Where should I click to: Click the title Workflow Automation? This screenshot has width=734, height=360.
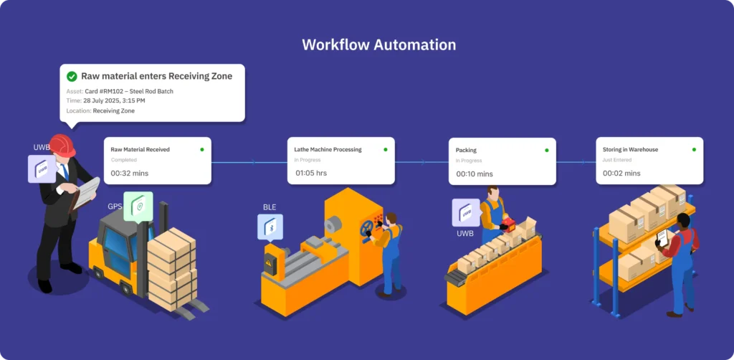(x=378, y=44)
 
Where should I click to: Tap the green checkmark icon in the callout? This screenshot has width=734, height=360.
(x=72, y=76)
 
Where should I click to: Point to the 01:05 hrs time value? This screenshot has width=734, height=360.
(x=311, y=173)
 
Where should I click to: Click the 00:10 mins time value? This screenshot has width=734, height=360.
(x=475, y=174)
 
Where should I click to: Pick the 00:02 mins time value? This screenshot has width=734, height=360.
(x=621, y=173)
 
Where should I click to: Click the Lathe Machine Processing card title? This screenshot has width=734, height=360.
(x=328, y=150)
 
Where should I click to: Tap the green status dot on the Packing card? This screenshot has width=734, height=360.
(x=546, y=150)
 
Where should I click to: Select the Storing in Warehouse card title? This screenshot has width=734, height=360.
(x=630, y=150)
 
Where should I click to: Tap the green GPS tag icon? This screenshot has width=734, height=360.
(x=138, y=205)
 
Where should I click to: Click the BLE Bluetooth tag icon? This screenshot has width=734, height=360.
(x=271, y=226)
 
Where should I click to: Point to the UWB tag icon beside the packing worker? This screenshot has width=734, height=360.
(x=465, y=213)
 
